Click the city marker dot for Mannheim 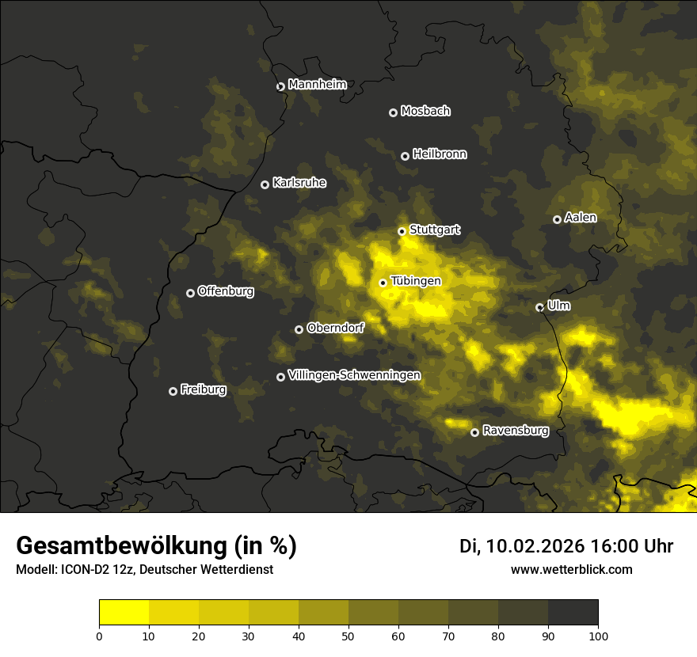click(280, 87)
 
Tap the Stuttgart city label click(434, 230)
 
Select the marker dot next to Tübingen click(383, 283)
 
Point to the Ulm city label click(558, 306)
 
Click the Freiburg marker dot click(173, 391)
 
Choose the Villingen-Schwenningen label click(354, 375)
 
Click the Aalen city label click(581, 218)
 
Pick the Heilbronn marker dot click(406, 157)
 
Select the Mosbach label click(425, 112)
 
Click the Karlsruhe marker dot click(265, 185)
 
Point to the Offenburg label click(226, 291)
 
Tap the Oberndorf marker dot click(299, 329)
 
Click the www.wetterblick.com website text click(571, 569)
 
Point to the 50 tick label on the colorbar click(348, 636)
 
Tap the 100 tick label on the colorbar click(598, 636)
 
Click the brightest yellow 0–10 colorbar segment click(124, 613)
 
